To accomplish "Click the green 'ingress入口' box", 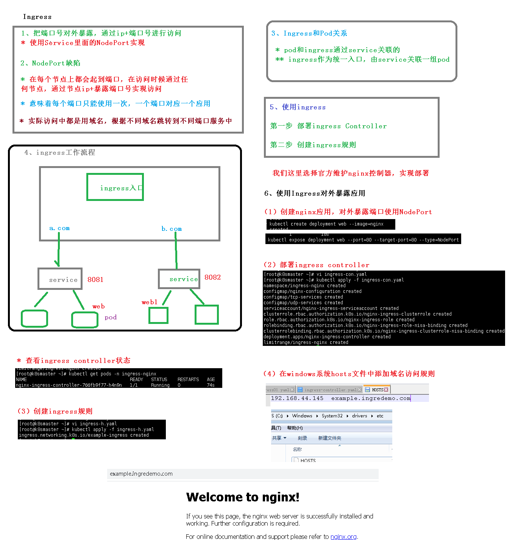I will point(115,187).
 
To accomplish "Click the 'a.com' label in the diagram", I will point(59,228).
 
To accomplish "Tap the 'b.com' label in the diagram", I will point(172,229).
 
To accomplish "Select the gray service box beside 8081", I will point(60,279).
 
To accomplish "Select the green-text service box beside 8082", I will point(179,279).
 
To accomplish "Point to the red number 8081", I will point(95,280).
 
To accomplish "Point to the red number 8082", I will point(212,277).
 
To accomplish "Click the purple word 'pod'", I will point(111,317).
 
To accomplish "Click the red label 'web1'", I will point(150,302).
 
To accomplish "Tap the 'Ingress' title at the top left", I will point(37,17).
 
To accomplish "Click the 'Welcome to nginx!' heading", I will point(243,497).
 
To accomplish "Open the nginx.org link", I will point(343,537).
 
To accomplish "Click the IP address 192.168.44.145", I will point(297,398).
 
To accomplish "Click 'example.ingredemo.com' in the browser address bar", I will point(141,474).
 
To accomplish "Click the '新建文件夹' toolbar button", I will point(329,438).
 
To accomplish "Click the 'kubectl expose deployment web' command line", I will point(363,240).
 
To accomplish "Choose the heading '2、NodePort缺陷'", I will point(50,63).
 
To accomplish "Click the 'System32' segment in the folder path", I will point(332,416).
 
